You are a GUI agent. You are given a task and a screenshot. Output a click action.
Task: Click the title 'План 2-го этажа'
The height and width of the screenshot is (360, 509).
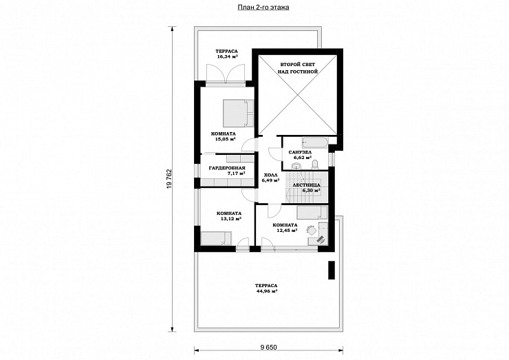pyautogui.click(x=263, y=7)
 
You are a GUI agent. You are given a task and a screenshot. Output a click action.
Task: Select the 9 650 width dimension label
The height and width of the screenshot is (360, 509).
pyautogui.click(x=268, y=348)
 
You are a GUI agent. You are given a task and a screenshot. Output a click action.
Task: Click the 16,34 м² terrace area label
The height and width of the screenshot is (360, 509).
pyautogui.click(x=227, y=56)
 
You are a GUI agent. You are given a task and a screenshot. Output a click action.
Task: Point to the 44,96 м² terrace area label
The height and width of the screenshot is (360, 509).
pyautogui.click(x=266, y=290)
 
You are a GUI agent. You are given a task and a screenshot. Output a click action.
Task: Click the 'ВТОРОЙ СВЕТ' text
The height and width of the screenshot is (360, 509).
pyautogui.click(x=298, y=65)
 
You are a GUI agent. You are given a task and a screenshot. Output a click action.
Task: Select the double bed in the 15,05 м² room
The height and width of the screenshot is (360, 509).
pyautogui.click(x=238, y=114)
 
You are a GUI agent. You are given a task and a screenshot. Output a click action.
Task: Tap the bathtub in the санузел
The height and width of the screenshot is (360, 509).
pyautogui.click(x=316, y=142)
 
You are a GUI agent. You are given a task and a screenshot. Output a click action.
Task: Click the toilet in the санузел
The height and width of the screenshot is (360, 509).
pyautogui.click(x=314, y=165)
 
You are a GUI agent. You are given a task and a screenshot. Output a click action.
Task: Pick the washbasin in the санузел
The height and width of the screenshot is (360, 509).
pyautogui.click(x=296, y=166)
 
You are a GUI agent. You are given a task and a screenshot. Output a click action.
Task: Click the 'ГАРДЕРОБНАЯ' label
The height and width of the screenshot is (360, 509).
pyautogui.click(x=227, y=168)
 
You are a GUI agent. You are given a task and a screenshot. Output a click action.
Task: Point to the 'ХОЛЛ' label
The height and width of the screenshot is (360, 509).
pyautogui.click(x=271, y=175)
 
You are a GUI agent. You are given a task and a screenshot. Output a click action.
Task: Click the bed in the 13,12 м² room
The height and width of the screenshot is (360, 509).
pyautogui.click(x=216, y=238)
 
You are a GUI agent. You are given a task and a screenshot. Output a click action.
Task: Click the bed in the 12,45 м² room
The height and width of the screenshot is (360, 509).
pyautogui.click(x=312, y=213)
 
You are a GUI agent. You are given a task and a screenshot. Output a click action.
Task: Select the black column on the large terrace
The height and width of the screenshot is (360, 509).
pyautogui.click(x=332, y=270)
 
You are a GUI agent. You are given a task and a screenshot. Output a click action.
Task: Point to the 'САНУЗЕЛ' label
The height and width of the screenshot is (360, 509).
pyautogui.click(x=301, y=152)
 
